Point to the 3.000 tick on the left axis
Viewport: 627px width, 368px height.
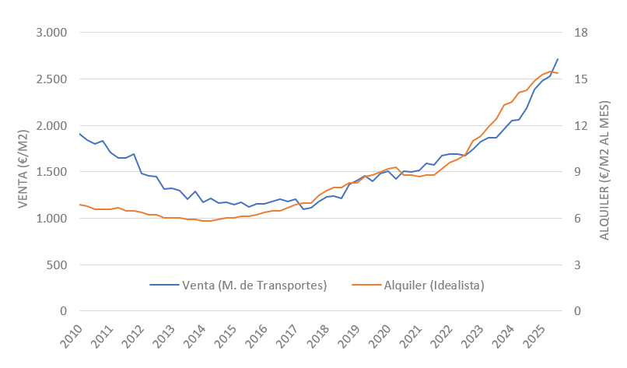(51, 33)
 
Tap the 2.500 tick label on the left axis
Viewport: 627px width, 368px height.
(51, 79)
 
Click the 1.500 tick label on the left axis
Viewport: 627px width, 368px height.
(51, 172)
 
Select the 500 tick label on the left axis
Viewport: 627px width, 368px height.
(57, 265)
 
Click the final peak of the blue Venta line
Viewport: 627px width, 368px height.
(558, 59)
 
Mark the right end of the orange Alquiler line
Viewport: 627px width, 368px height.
(558, 73)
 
